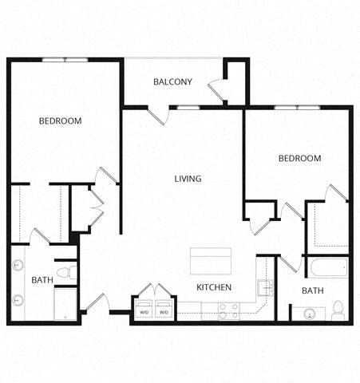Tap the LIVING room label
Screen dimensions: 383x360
click(188, 179)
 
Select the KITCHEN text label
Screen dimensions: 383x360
click(214, 287)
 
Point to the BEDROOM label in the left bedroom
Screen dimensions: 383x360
click(61, 121)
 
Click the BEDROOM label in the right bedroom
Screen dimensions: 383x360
click(299, 159)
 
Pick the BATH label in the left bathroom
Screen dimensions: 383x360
click(42, 280)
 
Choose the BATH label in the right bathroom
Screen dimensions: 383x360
click(313, 291)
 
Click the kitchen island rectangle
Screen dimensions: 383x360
click(211, 261)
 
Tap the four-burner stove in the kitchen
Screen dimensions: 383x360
click(229, 310)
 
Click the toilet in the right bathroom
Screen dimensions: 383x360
click(338, 309)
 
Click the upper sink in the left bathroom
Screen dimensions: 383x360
click(18, 267)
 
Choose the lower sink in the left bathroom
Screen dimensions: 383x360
click(18, 300)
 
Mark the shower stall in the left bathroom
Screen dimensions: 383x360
click(65, 304)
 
